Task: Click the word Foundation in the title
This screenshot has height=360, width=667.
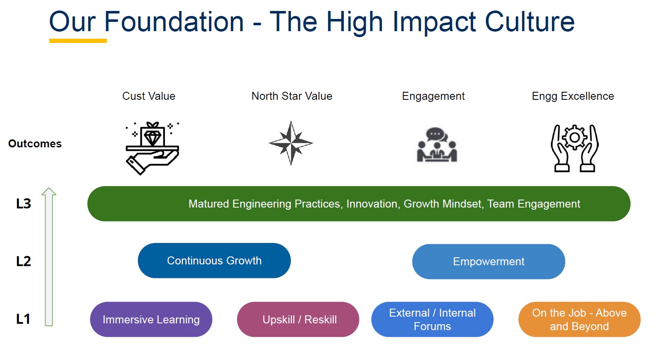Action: [x=174, y=22]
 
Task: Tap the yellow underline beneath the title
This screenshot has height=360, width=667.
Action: [x=78, y=41]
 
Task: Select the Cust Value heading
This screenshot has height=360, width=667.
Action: [x=149, y=96]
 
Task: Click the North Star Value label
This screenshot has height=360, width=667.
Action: [x=292, y=96]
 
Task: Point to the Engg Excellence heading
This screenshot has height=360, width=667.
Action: [x=573, y=96]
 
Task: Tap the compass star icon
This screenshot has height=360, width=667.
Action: [x=291, y=143]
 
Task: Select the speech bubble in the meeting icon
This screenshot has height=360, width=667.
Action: [x=436, y=134]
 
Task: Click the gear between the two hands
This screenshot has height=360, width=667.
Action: [x=575, y=137]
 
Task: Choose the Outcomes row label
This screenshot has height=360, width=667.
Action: [x=35, y=144]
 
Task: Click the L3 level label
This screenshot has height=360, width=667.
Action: [x=24, y=204]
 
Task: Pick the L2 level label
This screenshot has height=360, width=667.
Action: [x=24, y=261]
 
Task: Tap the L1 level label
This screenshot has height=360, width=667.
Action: [x=23, y=319]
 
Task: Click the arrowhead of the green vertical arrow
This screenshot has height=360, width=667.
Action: [x=49, y=192]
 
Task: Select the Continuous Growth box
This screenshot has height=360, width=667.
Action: [x=214, y=261]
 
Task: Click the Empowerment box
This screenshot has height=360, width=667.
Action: [x=489, y=261]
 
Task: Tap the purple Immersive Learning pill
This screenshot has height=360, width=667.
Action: [x=151, y=320]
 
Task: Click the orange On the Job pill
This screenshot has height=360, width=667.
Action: [x=579, y=320]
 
